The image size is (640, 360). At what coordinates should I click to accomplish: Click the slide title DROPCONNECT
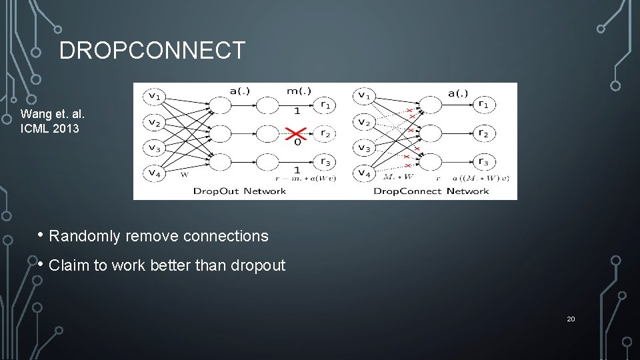[152, 51]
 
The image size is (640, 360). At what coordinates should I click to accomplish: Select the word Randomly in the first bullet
[85, 236]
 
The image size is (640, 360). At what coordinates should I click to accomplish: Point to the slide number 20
[571, 319]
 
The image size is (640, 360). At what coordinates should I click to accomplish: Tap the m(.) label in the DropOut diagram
[298, 91]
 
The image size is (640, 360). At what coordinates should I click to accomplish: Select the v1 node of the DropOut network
[154, 97]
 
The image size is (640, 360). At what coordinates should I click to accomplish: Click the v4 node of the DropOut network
[154, 173]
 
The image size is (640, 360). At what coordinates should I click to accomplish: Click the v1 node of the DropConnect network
[363, 97]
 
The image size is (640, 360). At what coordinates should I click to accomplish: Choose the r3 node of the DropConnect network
[483, 163]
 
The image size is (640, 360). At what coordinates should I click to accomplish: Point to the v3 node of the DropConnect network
[363, 147]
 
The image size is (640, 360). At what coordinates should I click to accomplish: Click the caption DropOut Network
[239, 191]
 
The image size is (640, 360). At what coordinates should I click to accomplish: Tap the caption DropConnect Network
[431, 191]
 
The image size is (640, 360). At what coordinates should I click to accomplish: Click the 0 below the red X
[297, 141]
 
